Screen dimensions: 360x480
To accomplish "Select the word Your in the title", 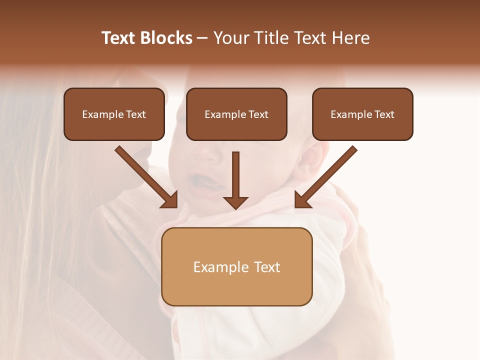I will pos(230,38).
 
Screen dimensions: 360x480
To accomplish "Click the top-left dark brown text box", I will pos(114,114).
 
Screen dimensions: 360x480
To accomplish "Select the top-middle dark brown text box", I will pos(236,114).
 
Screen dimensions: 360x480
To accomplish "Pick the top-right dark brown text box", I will pos(362,114).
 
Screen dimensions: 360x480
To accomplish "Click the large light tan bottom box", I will pos(236,266).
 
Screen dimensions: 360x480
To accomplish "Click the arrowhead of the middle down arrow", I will pos(235,202).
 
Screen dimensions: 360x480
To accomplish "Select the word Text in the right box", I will pos(384,114).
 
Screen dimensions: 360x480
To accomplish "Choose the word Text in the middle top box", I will pos(258,114).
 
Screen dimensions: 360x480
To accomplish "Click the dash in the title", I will pos(202,38).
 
